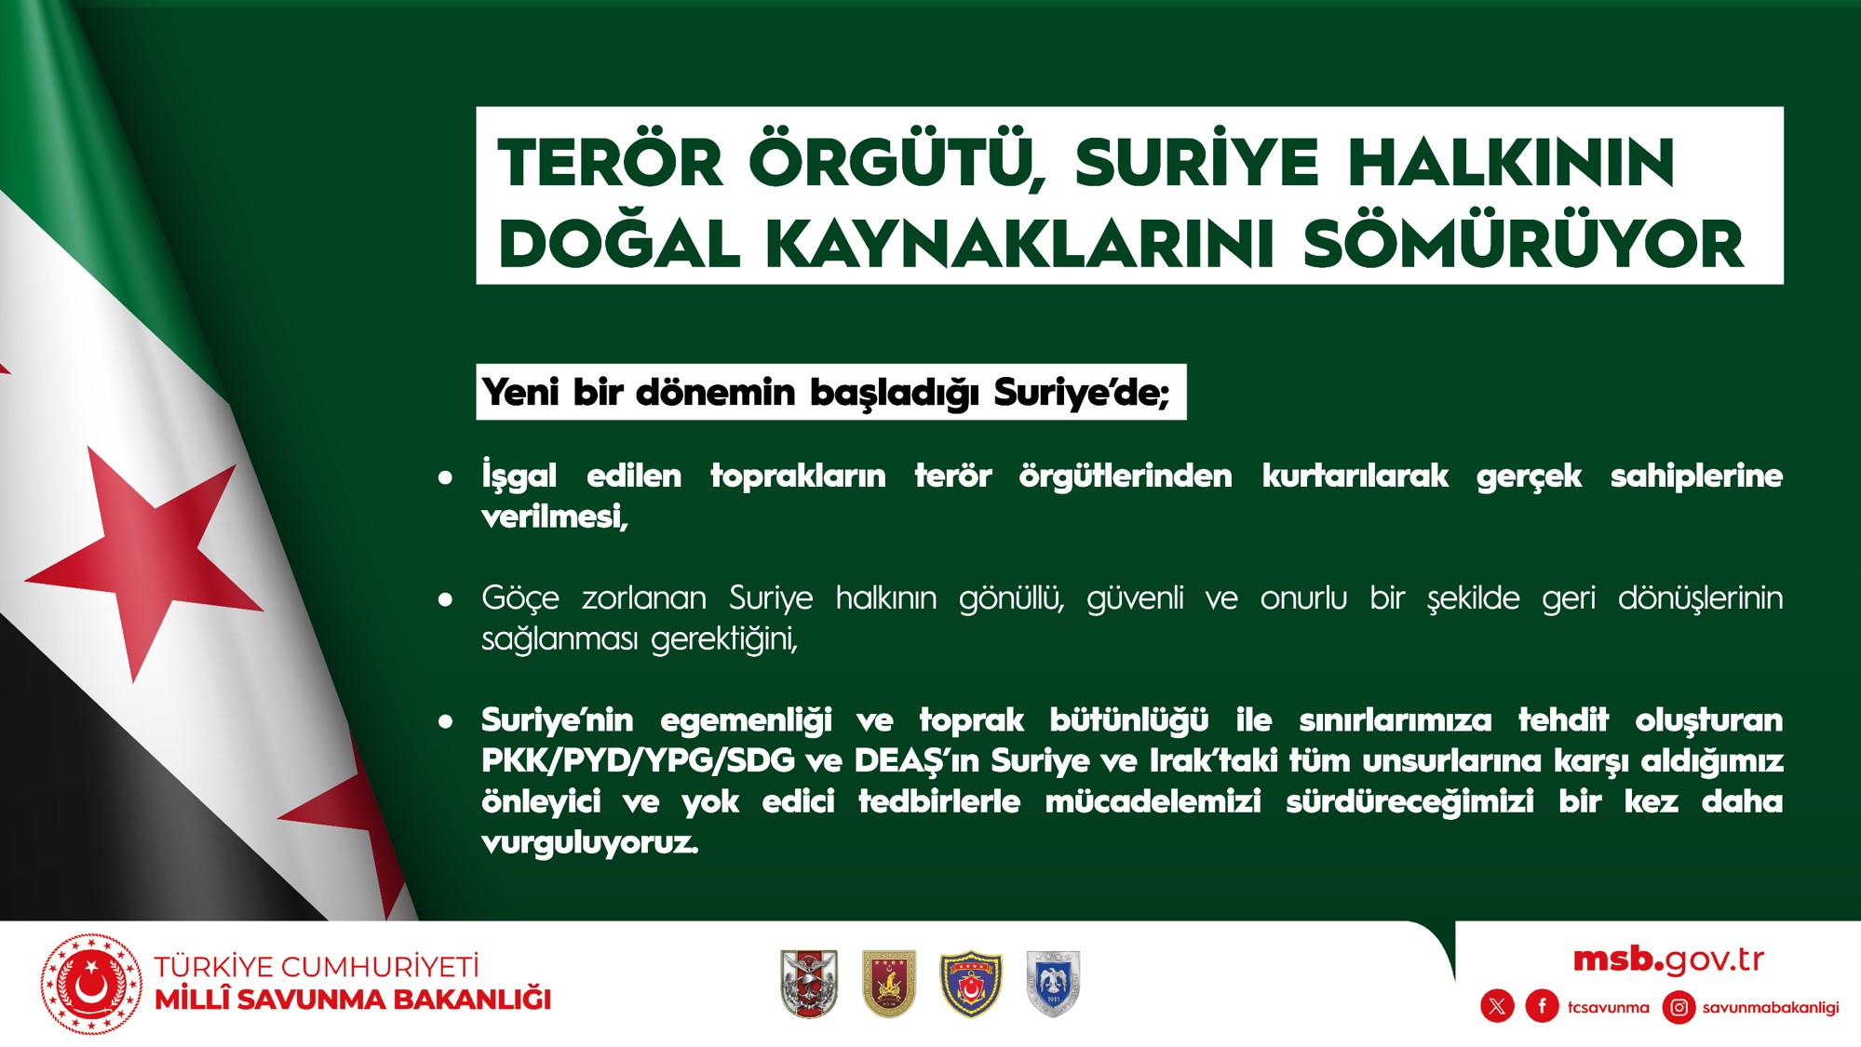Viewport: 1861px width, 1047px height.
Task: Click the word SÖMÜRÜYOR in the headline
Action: click(x=1523, y=244)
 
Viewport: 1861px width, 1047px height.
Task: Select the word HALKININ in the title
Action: click(x=1510, y=162)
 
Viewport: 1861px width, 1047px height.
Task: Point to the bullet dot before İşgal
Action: click(x=446, y=477)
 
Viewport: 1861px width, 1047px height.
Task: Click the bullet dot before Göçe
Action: click(x=446, y=599)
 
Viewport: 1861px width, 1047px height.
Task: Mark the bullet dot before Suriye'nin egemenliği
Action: click(x=446, y=721)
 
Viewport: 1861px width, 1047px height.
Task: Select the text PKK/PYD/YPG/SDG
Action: click(x=638, y=761)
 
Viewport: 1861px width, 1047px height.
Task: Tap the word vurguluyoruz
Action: click(x=589, y=843)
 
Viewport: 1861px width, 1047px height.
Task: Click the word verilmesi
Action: click(x=555, y=517)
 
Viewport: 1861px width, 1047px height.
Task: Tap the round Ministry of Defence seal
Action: click(x=91, y=985)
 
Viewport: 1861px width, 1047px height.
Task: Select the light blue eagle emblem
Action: click(x=1053, y=984)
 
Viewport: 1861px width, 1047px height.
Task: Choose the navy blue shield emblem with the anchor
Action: click(x=971, y=984)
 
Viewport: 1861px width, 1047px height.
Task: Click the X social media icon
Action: click(x=1497, y=1006)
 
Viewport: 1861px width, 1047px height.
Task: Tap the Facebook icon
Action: click(x=1542, y=1006)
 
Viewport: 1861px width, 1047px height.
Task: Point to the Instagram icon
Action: click(x=1679, y=1007)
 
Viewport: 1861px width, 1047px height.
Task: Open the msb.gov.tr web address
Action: click(x=1668, y=960)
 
